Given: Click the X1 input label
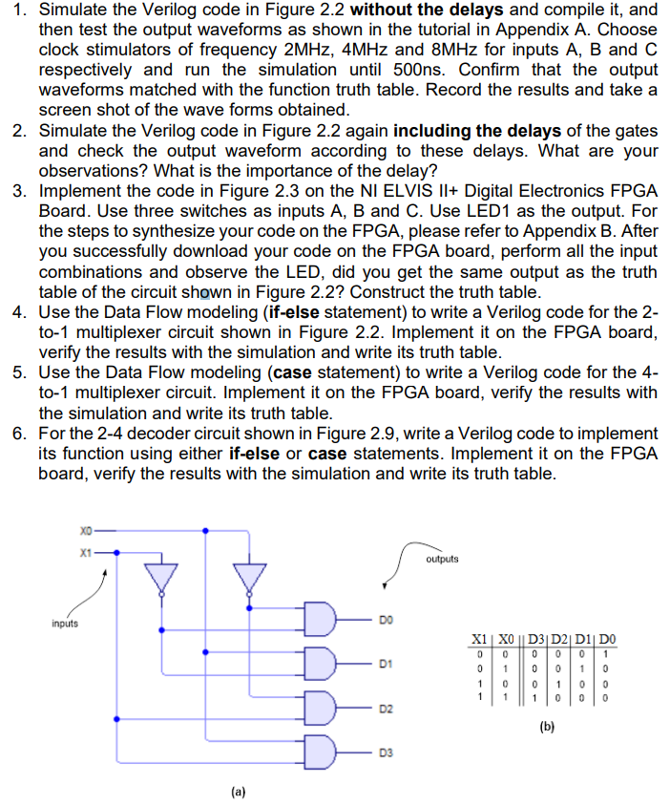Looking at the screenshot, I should (87, 551).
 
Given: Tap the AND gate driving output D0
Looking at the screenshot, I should (319, 618).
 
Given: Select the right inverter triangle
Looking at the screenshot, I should (250, 577).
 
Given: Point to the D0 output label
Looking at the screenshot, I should (385, 619).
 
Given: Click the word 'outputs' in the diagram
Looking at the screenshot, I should (443, 559).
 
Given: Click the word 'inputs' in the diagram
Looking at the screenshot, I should (65, 626).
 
